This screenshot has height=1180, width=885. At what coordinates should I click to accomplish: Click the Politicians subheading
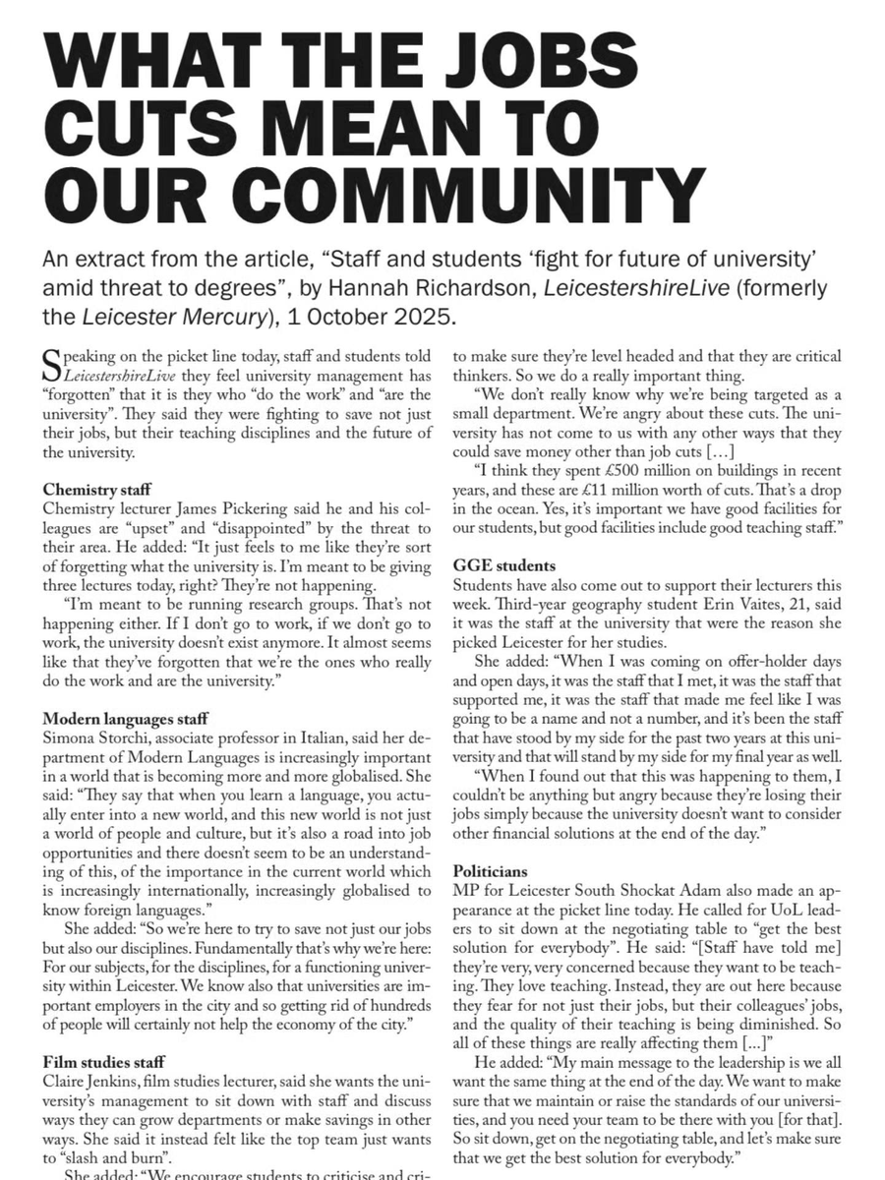click(x=492, y=870)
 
